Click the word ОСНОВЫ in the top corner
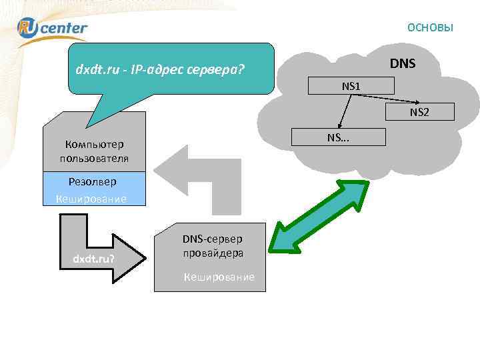(x=430, y=27)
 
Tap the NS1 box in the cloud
(x=351, y=85)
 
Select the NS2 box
(x=419, y=112)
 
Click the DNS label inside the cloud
(x=403, y=64)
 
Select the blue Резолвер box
(x=93, y=181)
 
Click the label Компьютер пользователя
(x=94, y=151)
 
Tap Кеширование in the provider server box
(x=219, y=276)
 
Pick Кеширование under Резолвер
(x=91, y=199)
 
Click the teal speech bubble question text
(x=160, y=68)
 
